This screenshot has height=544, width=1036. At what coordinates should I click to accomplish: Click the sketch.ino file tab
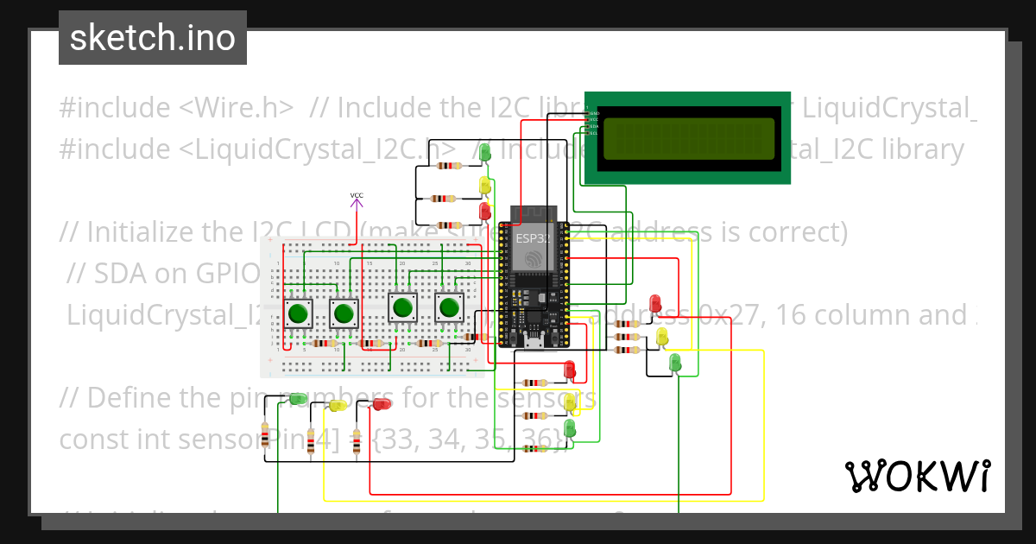click(x=152, y=39)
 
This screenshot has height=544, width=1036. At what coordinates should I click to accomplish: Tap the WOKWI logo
click(x=917, y=476)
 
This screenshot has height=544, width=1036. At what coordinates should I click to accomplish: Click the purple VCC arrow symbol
click(x=357, y=202)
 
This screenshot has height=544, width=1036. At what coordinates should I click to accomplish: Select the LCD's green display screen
click(x=688, y=139)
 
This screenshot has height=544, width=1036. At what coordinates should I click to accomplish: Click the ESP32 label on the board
click(x=532, y=237)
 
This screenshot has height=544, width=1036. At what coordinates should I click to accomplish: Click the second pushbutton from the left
click(x=344, y=313)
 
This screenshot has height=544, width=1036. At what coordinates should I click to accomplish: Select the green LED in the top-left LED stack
click(x=485, y=153)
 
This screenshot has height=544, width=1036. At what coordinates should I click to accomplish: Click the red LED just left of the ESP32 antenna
click(x=485, y=210)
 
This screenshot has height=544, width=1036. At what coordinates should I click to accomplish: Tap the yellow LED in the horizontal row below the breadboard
click(x=338, y=404)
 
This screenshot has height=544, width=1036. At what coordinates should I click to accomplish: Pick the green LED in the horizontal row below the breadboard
click(x=297, y=399)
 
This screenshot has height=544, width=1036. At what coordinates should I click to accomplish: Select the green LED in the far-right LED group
click(x=675, y=362)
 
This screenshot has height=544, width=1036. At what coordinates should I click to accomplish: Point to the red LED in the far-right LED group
click(x=655, y=303)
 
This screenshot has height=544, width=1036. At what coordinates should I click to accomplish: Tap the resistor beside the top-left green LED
click(x=448, y=165)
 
